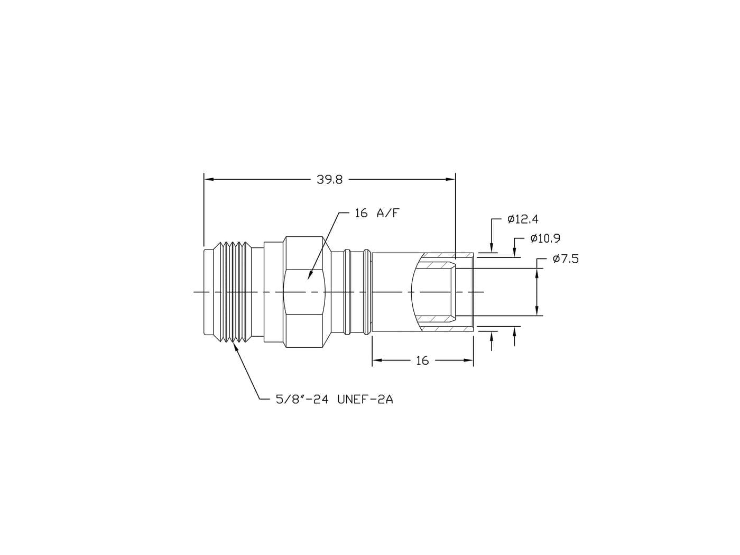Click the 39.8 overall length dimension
point(329,180)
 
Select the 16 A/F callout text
point(377,213)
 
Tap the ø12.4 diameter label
point(523,219)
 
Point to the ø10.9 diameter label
point(545,238)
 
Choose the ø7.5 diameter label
point(566,259)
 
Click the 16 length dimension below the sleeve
point(422,360)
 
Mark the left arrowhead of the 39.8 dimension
point(209,180)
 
